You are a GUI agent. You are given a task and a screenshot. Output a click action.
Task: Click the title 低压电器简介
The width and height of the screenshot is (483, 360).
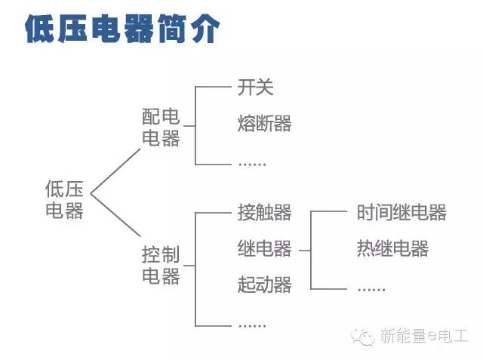pos(122,29)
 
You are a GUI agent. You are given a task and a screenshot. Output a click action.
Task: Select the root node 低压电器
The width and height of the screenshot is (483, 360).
pos(64,199)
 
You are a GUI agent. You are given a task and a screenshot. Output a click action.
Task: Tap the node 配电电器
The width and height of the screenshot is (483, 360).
pos(161,128)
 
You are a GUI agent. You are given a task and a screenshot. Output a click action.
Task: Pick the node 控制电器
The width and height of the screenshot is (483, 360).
pos(161,265)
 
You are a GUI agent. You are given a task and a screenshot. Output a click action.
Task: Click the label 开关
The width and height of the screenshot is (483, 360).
pos(255,87)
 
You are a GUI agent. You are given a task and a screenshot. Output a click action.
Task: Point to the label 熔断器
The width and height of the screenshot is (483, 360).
pos(264,123)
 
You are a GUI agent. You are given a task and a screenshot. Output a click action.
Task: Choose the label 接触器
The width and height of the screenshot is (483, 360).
pos(264,212)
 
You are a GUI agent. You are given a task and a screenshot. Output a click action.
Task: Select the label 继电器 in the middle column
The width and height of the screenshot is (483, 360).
pos(264,248)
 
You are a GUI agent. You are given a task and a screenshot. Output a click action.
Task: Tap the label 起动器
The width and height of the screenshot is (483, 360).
pos(264,285)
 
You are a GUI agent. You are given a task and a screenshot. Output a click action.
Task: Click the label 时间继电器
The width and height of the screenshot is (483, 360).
pos(401,212)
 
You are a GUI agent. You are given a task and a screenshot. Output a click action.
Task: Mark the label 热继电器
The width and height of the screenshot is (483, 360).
pos(392,248)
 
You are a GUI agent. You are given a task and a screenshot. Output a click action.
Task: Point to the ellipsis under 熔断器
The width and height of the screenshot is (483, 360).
pos(252,165)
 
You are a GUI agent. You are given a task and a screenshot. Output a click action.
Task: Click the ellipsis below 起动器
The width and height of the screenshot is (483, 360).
pos(252,325)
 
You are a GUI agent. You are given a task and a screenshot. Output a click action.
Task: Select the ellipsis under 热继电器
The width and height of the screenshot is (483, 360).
pos(371,290)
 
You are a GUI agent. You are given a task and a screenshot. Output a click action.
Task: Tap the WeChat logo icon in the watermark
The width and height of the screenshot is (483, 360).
pos(363,337)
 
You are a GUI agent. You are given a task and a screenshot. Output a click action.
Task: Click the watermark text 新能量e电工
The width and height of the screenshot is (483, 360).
pos(424,336)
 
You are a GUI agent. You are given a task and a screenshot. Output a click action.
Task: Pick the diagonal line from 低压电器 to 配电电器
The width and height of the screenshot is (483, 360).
pos(115,171)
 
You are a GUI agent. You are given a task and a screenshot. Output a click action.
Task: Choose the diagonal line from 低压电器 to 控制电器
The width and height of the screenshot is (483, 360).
pos(115,215)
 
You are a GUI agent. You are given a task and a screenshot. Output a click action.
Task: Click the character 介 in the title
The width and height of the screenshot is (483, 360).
pos(205,29)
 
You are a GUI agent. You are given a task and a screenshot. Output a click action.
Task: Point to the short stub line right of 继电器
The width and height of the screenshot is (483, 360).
pos(305,251)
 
